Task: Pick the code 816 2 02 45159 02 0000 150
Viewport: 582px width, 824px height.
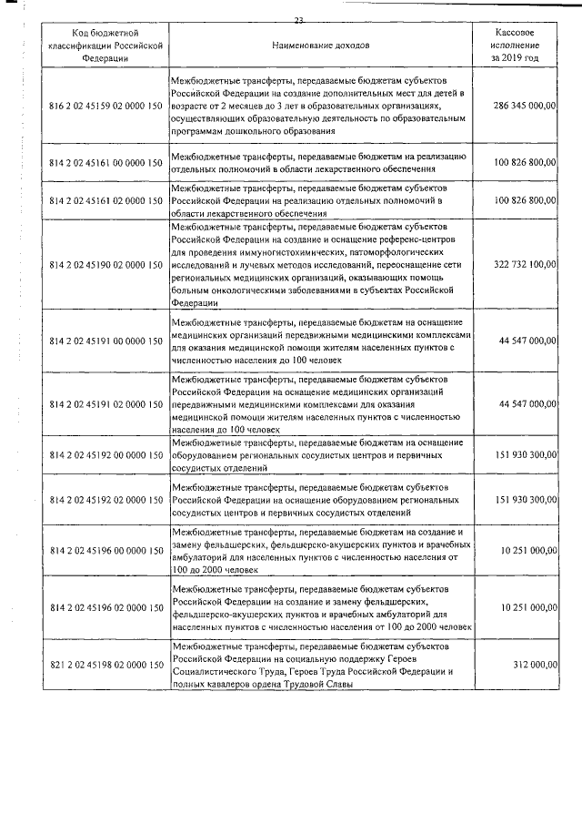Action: coord(105,107)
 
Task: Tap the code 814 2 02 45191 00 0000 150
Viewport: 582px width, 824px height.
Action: coord(105,340)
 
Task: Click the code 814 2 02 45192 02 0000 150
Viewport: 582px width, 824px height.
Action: coord(105,500)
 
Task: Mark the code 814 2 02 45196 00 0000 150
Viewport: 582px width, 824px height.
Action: coord(105,550)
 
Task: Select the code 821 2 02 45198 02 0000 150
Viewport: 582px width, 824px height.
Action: coord(105,666)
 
